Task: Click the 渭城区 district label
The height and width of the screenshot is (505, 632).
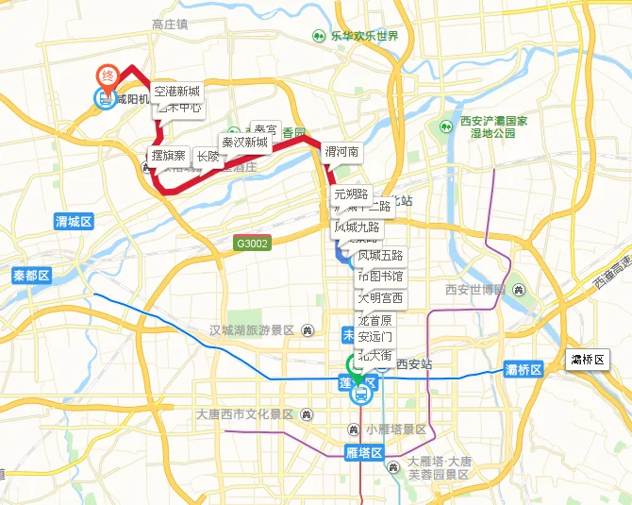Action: [74, 222]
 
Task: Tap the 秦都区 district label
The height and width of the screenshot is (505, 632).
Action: [31, 276]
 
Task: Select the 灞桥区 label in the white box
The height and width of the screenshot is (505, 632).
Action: [589, 359]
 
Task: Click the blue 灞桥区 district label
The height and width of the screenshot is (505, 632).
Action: [523, 368]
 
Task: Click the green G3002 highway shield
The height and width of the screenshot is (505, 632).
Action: [253, 243]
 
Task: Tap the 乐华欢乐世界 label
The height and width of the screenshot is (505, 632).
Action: [363, 37]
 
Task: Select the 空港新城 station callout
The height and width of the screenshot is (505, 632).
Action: [176, 92]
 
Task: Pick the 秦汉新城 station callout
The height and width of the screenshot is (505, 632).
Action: [245, 143]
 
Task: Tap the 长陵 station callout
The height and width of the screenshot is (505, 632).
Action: [208, 156]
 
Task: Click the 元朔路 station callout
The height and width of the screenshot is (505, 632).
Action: [351, 194]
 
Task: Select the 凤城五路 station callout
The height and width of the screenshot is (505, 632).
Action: [380, 255]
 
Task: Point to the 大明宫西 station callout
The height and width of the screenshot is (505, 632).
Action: [380, 298]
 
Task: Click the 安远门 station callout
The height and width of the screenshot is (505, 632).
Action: [374, 336]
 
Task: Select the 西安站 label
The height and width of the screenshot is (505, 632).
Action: [412, 363]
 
